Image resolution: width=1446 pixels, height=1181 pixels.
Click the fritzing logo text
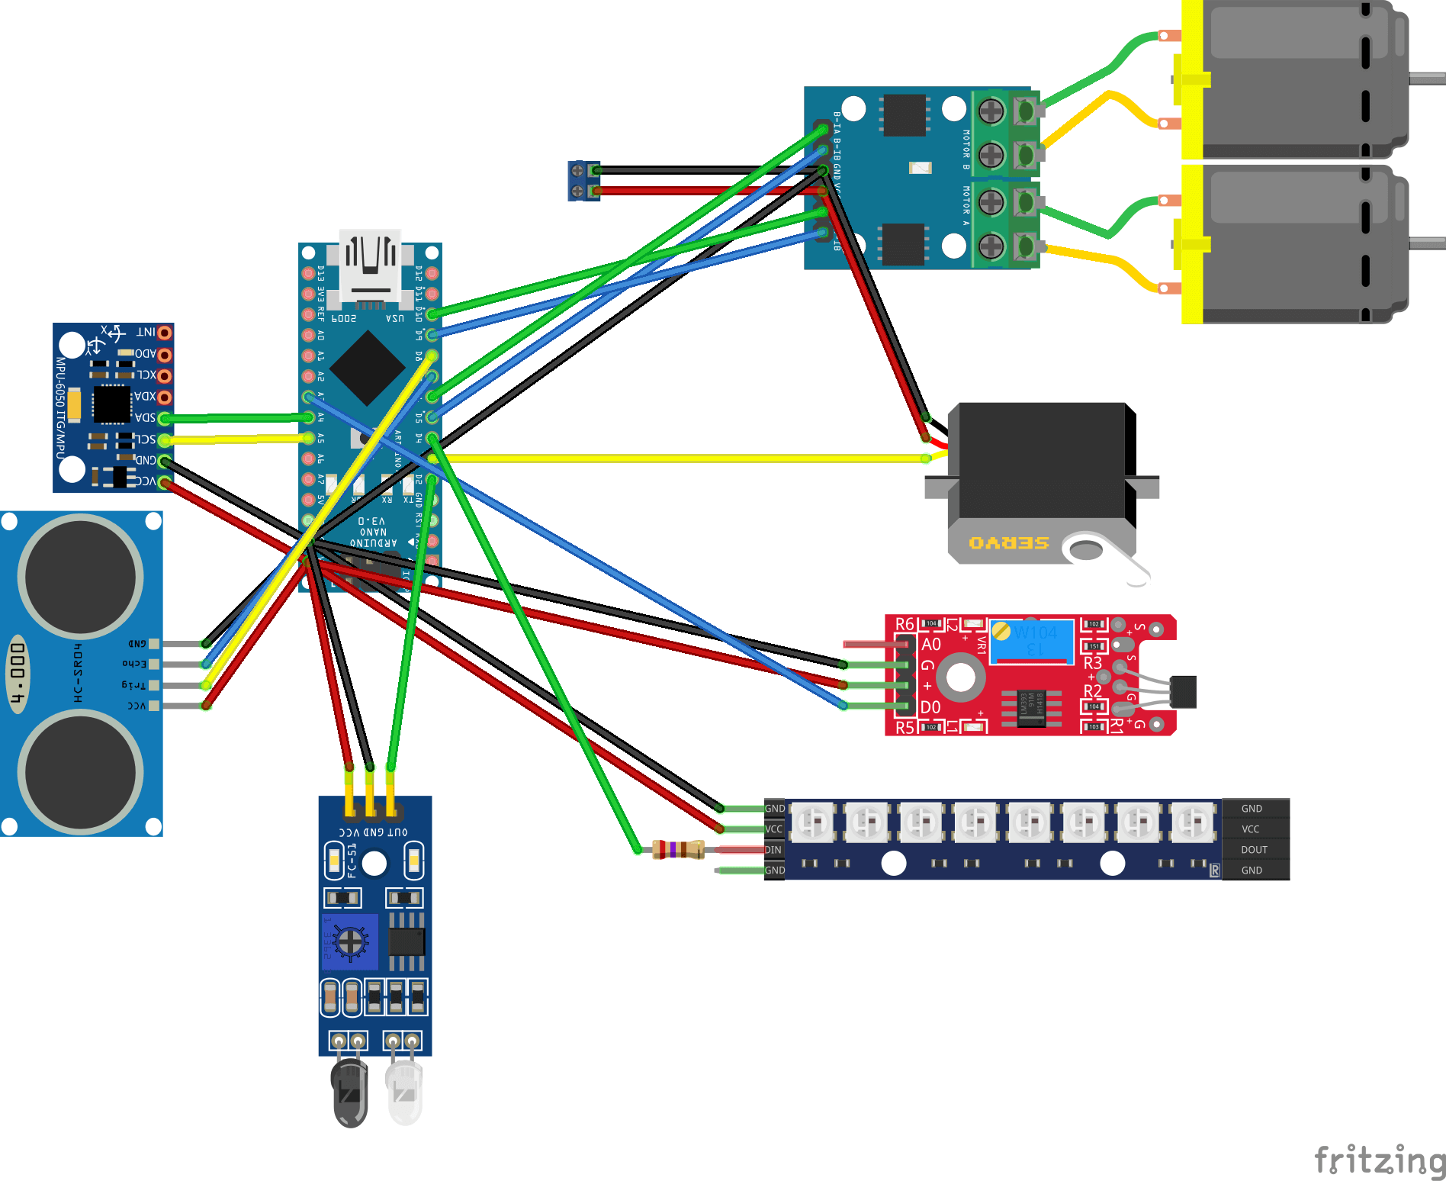pyautogui.click(x=1379, y=1160)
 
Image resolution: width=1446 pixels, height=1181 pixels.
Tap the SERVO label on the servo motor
pyautogui.click(x=1008, y=542)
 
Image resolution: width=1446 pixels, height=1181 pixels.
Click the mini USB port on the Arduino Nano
pyautogui.click(x=371, y=263)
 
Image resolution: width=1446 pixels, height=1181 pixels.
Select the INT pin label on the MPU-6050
pyautogui.click(x=146, y=333)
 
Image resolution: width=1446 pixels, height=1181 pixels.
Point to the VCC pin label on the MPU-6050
pyautogui.click(x=146, y=481)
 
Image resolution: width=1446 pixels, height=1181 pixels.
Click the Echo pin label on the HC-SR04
pyautogui.click(x=135, y=664)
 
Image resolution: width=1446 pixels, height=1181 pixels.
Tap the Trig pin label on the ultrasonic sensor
pyautogui.click(x=133, y=684)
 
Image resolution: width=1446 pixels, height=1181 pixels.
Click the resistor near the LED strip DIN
pyautogui.click(x=678, y=849)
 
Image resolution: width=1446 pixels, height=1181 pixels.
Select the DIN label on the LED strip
pyautogui.click(x=773, y=849)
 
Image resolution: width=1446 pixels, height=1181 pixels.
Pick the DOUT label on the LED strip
pyautogui.click(x=1254, y=849)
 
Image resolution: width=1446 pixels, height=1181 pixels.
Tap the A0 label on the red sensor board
pyautogui.click(x=931, y=645)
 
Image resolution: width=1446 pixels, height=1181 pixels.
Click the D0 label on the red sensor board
pyautogui.click(x=930, y=707)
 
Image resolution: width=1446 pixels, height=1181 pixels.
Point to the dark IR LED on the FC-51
pyautogui.click(x=350, y=1091)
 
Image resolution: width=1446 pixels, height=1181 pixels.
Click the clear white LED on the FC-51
pyautogui.click(x=403, y=1091)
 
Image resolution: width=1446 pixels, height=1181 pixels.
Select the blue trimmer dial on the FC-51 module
pyautogui.click(x=350, y=942)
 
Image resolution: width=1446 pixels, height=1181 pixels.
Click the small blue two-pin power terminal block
pyautogui.click(x=583, y=181)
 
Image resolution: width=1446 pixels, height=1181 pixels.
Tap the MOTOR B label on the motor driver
pyautogui.click(x=966, y=150)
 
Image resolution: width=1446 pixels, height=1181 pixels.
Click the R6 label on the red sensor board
pyautogui.click(x=905, y=624)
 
